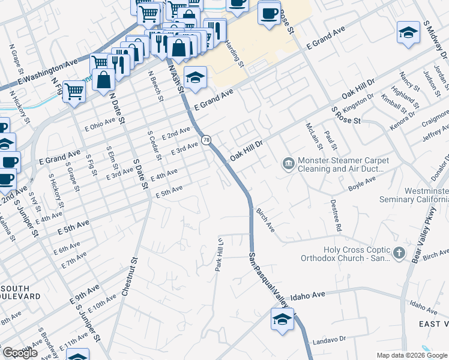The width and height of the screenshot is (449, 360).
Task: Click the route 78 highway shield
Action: (x=206, y=140)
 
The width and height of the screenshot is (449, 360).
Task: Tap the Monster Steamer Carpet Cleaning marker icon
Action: (x=288, y=163)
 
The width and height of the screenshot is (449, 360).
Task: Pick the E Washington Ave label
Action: (x=49, y=71)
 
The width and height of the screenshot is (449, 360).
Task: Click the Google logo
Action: (x=20, y=353)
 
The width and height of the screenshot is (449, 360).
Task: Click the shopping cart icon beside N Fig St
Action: (x=74, y=92)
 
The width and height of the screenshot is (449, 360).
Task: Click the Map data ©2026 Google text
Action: (x=411, y=355)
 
